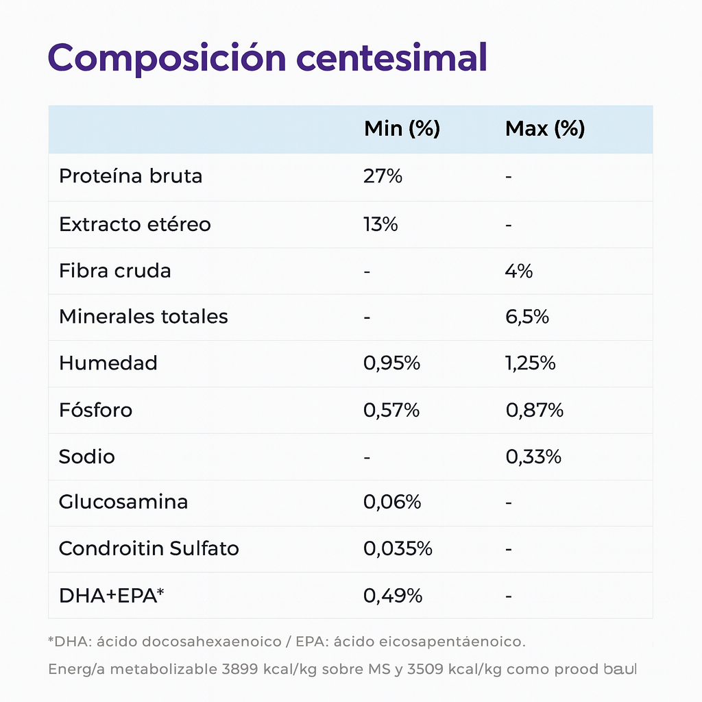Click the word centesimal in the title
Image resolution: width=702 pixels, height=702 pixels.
click(x=391, y=58)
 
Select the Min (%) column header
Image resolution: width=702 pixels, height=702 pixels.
click(x=402, y=129)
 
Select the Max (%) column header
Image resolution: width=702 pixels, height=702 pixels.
click(x=544, y=129)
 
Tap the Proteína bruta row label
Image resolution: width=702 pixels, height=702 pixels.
click(x=130, y=176)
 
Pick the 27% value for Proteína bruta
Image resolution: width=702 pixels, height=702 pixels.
click(x=383, y=176)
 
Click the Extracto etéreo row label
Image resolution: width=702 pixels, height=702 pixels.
click(x=134, y=224)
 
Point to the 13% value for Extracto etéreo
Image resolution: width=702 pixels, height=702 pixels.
click(x=380, y=224)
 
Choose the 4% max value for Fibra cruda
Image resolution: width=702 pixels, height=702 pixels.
click(x=519, y=271)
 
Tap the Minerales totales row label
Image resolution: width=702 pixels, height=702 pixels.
click(x=143, y=317)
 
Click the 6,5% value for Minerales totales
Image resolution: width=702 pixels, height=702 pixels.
click(x=526, y=317)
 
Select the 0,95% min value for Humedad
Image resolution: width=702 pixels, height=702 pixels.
click(x=391, y=363)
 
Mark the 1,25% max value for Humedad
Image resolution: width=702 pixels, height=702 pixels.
click(x=530, y=363)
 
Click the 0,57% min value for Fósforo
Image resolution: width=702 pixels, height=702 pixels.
click(x=391, y=410)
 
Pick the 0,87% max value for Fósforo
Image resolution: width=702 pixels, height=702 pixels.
click(x=534, y=410)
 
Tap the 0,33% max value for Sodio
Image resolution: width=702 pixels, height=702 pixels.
click(x=533, y=457)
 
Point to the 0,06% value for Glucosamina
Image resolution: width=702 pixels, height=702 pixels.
click(x=391, y=503)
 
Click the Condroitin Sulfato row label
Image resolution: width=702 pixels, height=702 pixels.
click(x=149, y=548)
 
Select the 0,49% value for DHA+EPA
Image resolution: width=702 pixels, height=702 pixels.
click(x=392, y=596)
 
